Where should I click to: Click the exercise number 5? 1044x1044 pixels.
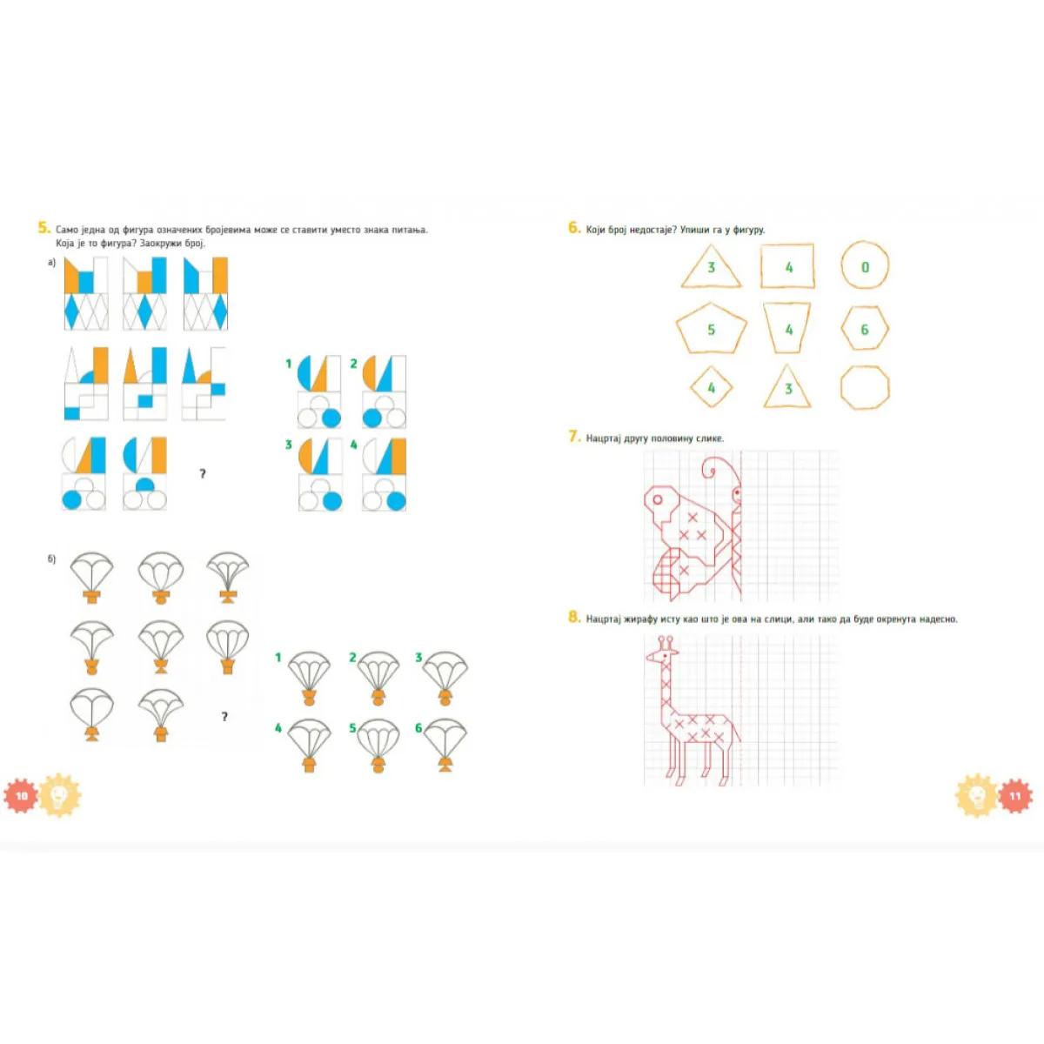(43, 228)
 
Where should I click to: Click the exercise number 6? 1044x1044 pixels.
(574, 228)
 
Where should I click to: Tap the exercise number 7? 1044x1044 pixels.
(574, 437)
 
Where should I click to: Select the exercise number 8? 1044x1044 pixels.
(574, 618)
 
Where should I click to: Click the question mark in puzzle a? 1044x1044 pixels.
(203, 474)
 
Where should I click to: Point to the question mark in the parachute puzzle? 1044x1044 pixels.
(224, 717)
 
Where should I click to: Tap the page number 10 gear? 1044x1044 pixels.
(22, 796)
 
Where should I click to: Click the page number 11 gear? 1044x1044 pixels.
(1014, 796)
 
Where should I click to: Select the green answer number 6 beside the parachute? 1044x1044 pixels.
(418, 728)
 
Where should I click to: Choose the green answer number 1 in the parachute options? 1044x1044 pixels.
(278, 658)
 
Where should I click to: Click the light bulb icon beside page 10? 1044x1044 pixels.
(60, 795)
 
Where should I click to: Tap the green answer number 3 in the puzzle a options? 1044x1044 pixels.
(289, 445)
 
